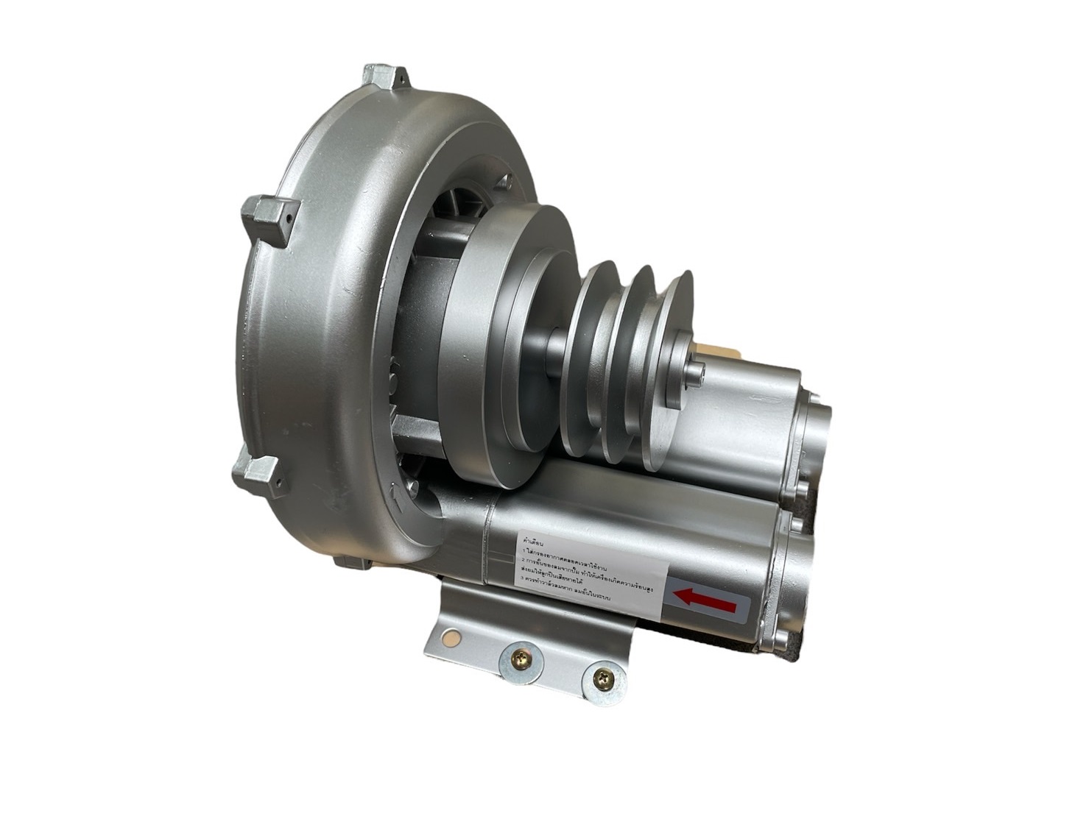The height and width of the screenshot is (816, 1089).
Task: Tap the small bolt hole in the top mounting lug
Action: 398,76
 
